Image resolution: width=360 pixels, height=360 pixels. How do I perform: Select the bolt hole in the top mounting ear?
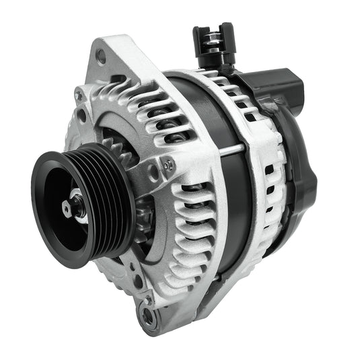pos(100,57)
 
